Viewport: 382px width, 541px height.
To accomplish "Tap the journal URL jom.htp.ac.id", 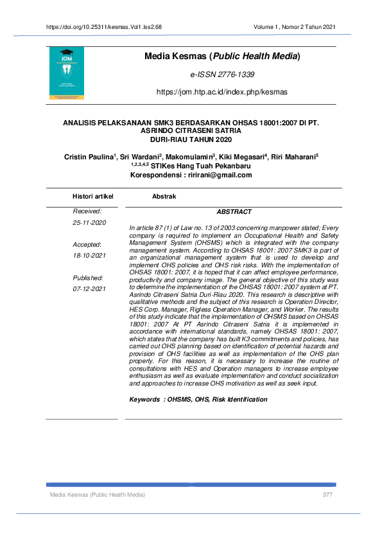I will (x=222, y=93).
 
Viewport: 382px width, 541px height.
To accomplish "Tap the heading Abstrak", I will (x=164, y=196).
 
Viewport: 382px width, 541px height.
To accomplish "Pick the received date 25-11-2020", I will (x=89, y=222).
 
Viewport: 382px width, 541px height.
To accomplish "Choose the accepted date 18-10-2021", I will (x=89, y=255).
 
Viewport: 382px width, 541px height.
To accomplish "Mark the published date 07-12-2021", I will (x=89, y=288).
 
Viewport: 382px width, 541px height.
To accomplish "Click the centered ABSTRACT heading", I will (x=234, y=211).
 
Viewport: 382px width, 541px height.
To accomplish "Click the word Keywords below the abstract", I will (x=144, y=400).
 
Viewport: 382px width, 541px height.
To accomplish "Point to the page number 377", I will (x=327, y=495).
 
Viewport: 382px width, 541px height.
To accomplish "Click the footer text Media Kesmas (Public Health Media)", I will (x=98, y=495).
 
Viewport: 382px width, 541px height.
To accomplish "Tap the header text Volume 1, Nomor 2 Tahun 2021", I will (x=294, y=27).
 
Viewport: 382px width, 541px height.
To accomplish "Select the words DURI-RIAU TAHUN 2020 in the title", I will (x=191, y=138).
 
